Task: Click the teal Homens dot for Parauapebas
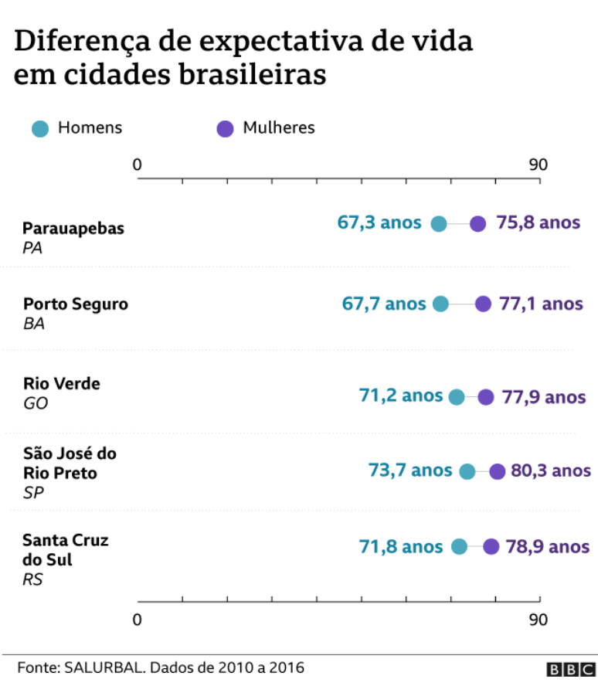(439, 224)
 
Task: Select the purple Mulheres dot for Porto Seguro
(483, 304)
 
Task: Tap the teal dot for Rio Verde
(457, 397)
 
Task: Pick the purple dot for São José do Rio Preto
(497, 471)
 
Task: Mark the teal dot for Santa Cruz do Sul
(460, 547)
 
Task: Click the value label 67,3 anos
(379, 223)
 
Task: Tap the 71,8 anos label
(401, 547)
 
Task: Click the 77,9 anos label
(543, 397)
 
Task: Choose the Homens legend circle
(40, 128)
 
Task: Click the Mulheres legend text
(279, 128)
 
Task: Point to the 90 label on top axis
(538, 165)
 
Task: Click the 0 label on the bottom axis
(138, 620)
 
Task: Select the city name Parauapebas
(73, 229)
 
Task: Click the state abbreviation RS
(33, 579)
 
